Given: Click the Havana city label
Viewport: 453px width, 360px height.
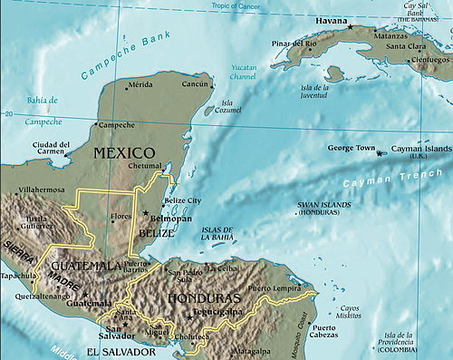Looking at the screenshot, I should [331, 20].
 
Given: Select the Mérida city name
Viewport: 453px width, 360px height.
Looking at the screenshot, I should [140, 84].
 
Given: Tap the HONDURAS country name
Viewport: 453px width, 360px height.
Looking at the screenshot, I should [201, 298].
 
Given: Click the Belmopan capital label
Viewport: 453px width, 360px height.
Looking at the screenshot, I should [169, 219].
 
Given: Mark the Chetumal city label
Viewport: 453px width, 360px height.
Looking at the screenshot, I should [145, 167].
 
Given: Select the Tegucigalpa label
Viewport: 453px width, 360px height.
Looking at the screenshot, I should [223, 311].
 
